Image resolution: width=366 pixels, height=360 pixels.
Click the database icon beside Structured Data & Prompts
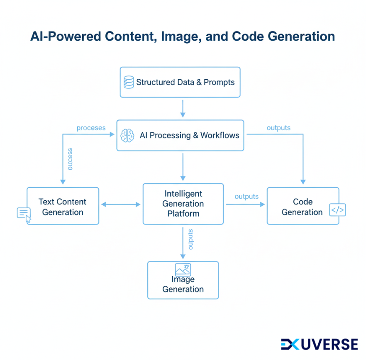[x=129, y=82]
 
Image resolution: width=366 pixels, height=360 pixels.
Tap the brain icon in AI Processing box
[x=127, y=136]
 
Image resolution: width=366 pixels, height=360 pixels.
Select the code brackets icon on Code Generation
[x=337, y=210]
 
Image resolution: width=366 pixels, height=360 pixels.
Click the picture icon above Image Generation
[x=183, y=270]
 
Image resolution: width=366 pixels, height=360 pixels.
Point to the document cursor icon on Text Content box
[x=24, y=214]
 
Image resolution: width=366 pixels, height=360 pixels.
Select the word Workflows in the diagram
[x=220, y=136]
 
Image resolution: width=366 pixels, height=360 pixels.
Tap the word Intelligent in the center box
[x=183, y=194]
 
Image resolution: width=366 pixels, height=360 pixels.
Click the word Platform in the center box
[x=183, y=214]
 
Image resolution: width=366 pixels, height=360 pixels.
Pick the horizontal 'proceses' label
[x=91, y=128]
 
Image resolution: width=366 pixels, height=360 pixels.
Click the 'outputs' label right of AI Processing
[x=278, y=128]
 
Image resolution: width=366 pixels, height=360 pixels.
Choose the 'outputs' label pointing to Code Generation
[x=246, y=197]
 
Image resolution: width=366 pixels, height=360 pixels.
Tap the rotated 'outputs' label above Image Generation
[x=190, y=239]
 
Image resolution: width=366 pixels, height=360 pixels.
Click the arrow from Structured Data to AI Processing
[x=183, y=109]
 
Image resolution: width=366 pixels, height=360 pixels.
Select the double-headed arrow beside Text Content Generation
[x=121, y=204]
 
